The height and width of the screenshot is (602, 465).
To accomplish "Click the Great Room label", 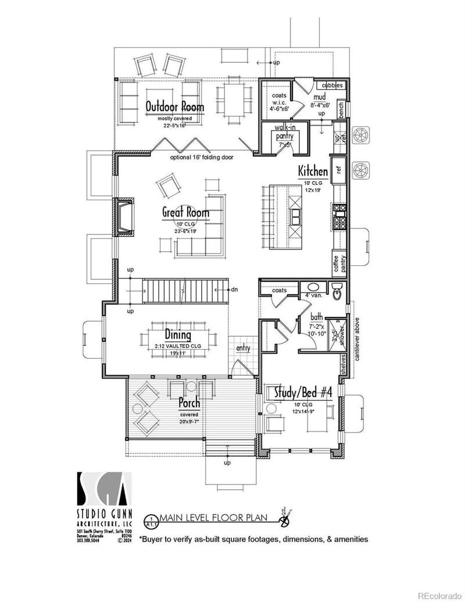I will coord(185,213).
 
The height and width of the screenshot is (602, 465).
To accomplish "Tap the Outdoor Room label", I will coord(175,107).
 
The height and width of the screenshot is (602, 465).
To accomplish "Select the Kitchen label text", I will coord(313,172).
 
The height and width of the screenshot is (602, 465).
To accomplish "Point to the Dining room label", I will coord(177,335).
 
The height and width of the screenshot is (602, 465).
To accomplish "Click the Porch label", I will coord(189,402).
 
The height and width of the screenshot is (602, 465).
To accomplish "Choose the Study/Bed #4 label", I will coord(298,392).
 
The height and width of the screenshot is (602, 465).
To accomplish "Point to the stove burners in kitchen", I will coord(339,216).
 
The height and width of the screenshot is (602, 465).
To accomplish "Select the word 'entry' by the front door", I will coord(243,348).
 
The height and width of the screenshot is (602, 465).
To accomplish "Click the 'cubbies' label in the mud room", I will coord(332,86).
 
